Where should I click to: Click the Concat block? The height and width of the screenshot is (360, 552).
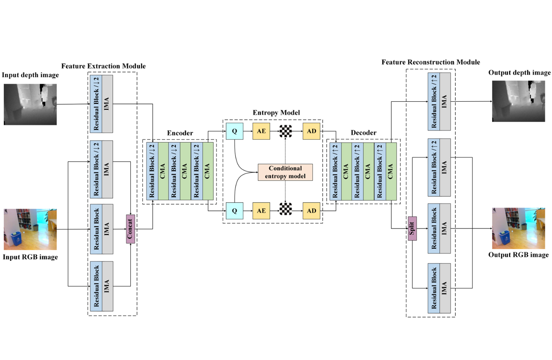[131, 229]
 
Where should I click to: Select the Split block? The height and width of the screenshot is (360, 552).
[412, 229]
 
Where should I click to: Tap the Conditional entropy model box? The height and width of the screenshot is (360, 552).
[285, 172]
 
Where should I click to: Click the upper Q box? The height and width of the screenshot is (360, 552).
[235, 131]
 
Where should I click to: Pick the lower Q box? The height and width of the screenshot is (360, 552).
[235, 211]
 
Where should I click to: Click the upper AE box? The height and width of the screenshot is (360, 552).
[261, 131]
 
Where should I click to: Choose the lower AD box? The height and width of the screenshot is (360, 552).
[311, 211]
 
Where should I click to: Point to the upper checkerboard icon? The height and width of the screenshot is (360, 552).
[286, 131]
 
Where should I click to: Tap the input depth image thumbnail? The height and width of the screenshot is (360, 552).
[30, 104]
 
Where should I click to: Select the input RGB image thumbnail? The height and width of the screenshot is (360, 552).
[30, 229]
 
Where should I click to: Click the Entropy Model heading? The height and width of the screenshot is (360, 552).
[276, 113]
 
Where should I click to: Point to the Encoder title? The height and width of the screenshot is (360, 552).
[180, 133]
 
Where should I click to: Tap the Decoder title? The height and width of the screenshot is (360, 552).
[364, 133]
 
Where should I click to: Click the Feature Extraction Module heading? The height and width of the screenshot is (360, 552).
[103, 66]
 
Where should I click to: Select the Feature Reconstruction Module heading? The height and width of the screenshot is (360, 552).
[430, 62]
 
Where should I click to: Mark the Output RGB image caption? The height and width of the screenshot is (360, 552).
[518, 255]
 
